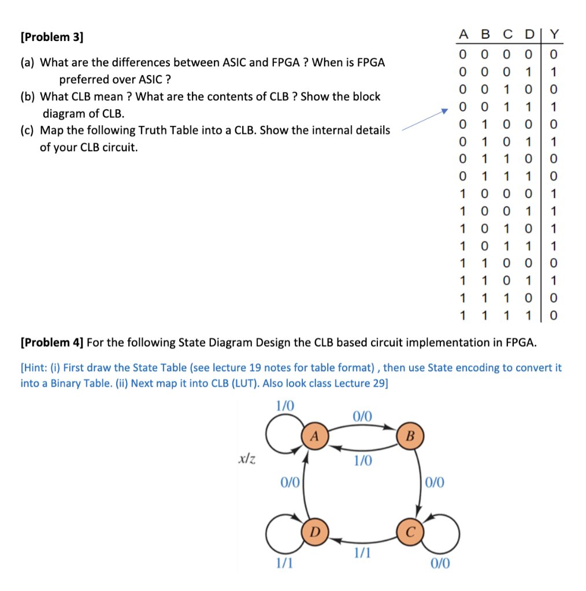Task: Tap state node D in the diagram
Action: point(314,530)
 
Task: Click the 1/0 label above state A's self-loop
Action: point(285,405)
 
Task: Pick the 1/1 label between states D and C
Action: point(362,553)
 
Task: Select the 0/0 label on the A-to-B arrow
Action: point(362,416)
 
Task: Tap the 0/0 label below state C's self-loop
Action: point(440,563)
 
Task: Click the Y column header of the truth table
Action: point(554,35)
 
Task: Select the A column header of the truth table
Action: point(463,35)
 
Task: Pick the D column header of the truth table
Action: point(529,35)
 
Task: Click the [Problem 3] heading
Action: point(51,38)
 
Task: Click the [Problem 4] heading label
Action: point(52,342)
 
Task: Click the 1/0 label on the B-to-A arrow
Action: point(362,461)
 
